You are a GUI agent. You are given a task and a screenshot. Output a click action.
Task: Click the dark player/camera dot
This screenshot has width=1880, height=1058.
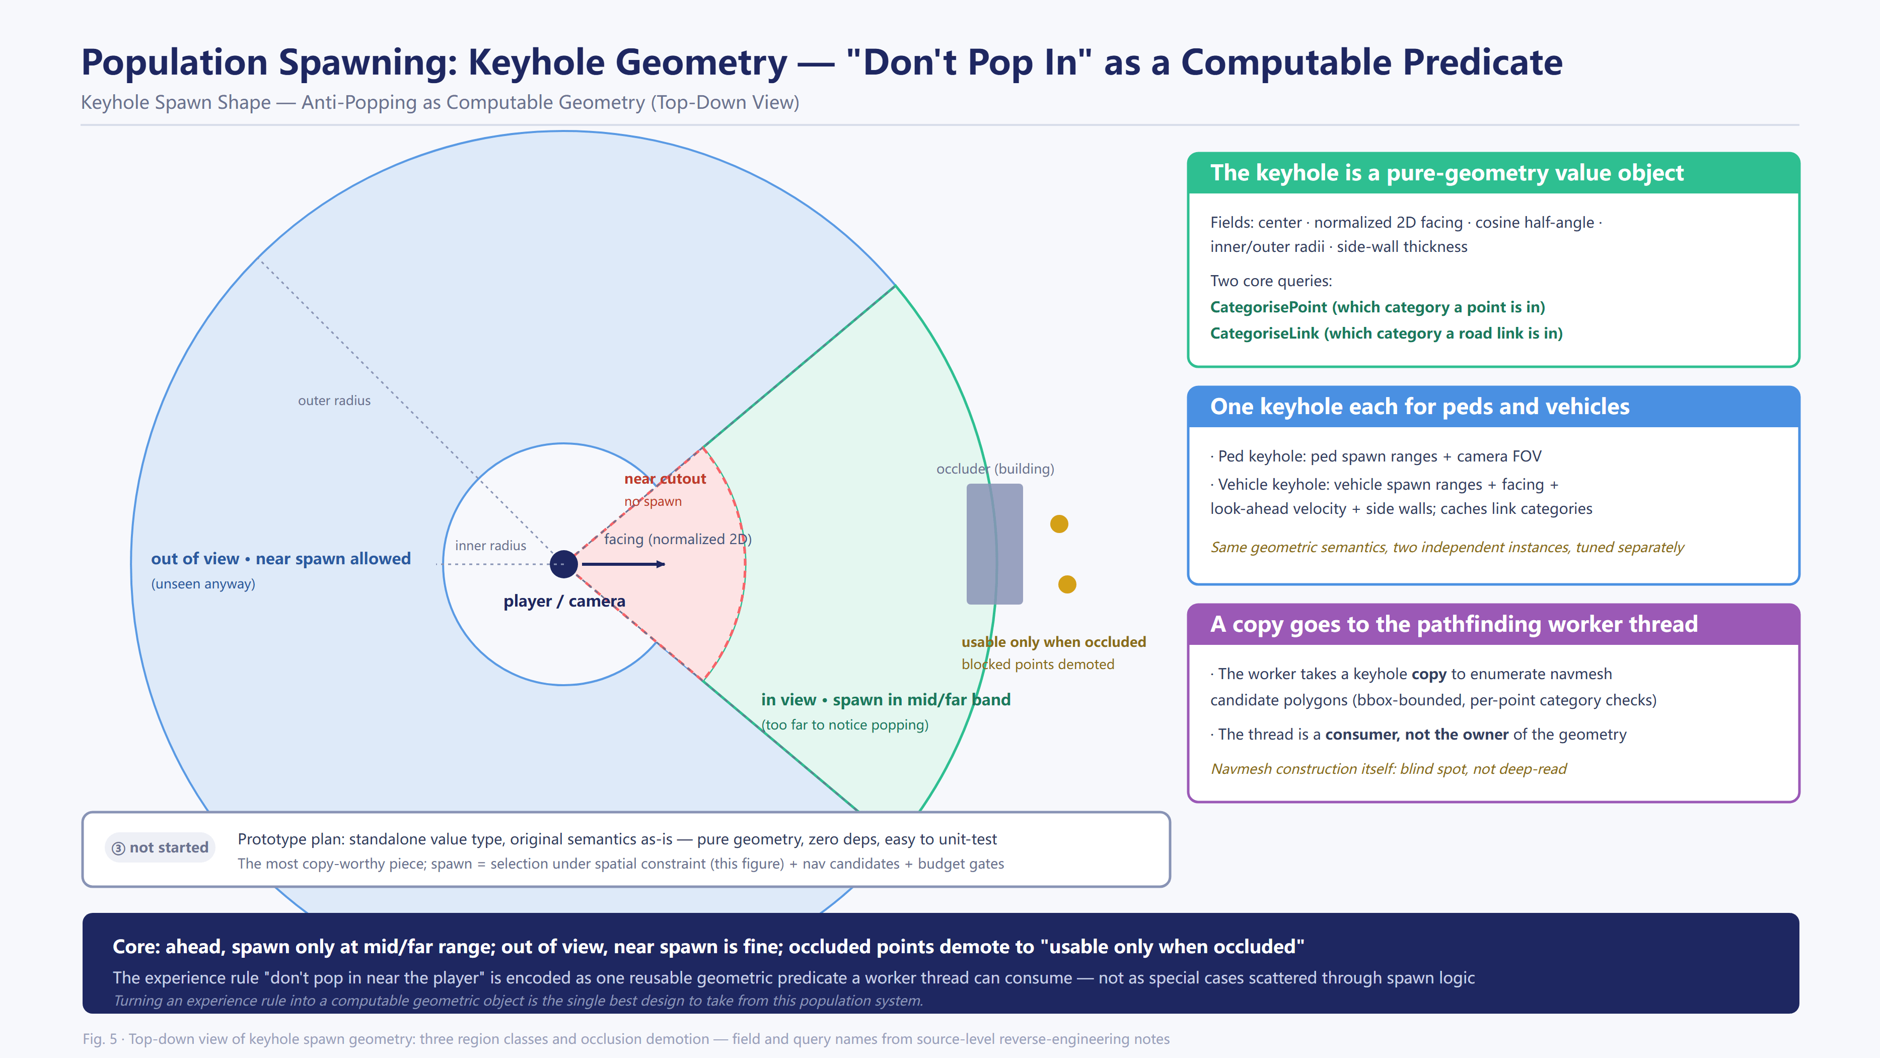pos(563,564)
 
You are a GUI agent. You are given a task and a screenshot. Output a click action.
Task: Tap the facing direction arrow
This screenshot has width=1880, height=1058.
pos(623,564)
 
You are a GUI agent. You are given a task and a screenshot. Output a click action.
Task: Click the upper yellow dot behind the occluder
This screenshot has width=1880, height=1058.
pos(1059,523)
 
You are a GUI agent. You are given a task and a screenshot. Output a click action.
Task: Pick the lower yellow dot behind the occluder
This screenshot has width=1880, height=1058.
pos(1067,584)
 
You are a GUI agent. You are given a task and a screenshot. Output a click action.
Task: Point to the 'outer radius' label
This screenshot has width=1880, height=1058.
pos(334,400)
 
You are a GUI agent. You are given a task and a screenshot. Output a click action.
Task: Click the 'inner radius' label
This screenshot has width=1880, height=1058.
pos(490,546)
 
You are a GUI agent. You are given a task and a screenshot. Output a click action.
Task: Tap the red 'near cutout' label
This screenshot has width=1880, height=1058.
pos(665,478)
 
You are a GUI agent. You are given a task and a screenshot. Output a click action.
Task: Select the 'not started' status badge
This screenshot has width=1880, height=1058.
pos(160,847)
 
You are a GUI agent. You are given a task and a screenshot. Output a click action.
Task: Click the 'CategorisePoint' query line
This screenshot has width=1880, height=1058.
pos(1377,307)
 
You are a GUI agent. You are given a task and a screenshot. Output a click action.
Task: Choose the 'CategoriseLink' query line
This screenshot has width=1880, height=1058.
pos(1386,333)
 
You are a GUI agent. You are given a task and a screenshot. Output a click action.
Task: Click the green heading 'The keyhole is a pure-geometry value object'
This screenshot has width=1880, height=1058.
pos(1447,172)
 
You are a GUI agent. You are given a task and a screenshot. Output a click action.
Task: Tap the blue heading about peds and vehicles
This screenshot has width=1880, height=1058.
pos(1419,406)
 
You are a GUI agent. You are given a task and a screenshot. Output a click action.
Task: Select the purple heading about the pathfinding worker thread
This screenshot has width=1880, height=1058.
pos(1454,624)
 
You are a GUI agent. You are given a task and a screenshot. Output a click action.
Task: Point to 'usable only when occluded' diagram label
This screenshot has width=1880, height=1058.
pos(1053,642)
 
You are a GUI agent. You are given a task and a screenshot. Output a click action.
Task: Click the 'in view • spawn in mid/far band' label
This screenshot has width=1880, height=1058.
pos(885,699)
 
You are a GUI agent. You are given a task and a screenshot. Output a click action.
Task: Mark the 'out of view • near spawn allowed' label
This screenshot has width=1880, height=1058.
pos(281,559)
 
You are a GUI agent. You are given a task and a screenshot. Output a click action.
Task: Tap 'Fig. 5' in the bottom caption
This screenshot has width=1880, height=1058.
pos(99,1038)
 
